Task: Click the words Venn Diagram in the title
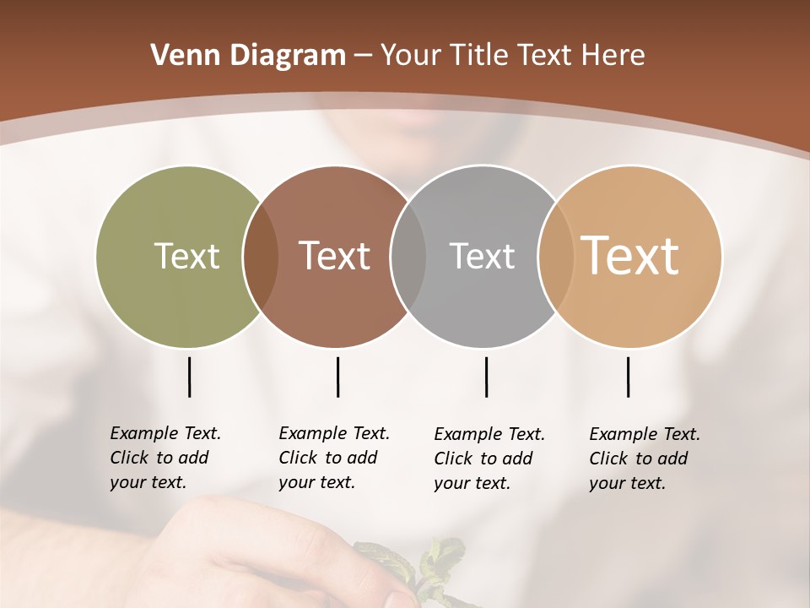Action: pos(247,56)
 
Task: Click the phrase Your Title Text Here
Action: pos(512,56)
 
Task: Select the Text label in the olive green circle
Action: pos(186,256)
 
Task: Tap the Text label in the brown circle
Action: pos(334,256)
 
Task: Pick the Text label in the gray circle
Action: pos(482,256)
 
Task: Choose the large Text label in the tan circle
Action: pos(629,255)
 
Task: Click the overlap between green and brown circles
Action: pos(261,256)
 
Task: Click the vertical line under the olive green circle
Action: pos(189,377)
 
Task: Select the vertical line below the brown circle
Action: pos(337,377)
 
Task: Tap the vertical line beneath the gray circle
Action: pos(486,377)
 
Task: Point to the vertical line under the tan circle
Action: pos(628,377)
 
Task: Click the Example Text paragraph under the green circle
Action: pos(165,458)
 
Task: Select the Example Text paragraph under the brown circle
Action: pos(333,458)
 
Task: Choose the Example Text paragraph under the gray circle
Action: pos(489,459)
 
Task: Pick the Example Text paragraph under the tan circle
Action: pos(644,459)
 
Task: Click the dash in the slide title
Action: pos(363,57)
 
